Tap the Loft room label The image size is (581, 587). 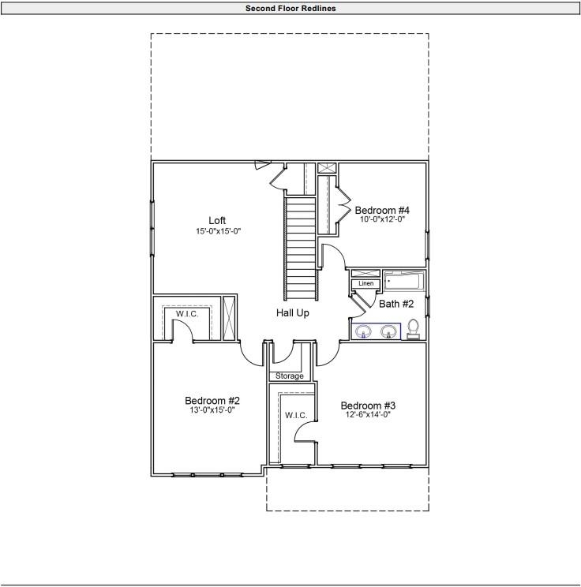coord(217,220)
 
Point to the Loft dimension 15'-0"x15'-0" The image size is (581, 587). coord(217,231)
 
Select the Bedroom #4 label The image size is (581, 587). coord(382,210)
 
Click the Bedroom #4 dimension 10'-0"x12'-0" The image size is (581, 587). coord(382,220)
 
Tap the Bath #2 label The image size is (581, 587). coord(396,304)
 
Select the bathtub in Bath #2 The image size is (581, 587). coord(403,281)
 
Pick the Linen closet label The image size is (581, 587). coord(365,283)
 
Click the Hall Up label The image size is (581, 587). coord(292,313)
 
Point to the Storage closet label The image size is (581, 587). coord(290,376)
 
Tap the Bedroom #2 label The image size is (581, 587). coord(212,399)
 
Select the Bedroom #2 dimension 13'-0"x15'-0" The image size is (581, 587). coord(212,410)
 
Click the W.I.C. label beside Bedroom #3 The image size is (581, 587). coord(295,415)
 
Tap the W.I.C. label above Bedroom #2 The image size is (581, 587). coord(187,314)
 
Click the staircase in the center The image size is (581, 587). coord(301,245)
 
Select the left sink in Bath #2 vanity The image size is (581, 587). coord(364,331)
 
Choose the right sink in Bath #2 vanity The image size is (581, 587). coord(388,331)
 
